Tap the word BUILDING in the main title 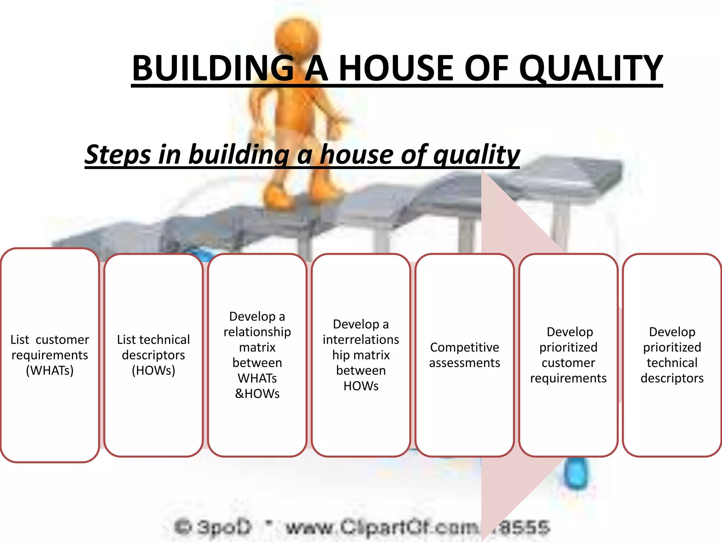coord(213,68)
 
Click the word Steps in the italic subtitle coord(118,155)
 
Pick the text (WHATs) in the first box coord(50,371)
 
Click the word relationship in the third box coord(257,332)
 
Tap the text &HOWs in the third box coord(257,393)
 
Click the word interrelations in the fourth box coord(361,339)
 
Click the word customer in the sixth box coord(568,363)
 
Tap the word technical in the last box coord(672,363)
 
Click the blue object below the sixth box coord(576,473)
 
